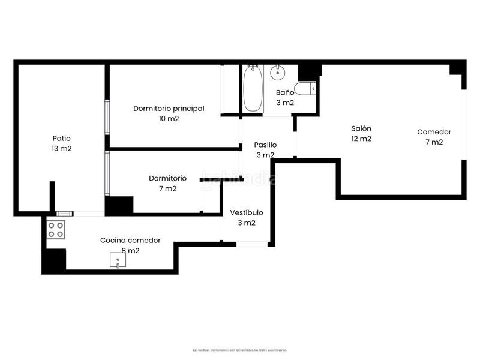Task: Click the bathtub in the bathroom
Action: pos(253,88)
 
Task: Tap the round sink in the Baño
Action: pos(277,74)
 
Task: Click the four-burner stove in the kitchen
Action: pos(56,229)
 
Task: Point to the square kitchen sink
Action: pos(119,260)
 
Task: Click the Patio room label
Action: pos(61,137)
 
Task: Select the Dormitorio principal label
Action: pos(169,109)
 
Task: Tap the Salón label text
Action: pos(361,128)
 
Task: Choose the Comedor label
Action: pos(434,132)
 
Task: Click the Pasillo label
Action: pos(265,145)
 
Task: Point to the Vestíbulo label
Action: pos(247,212)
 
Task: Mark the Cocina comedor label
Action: pos(130,240)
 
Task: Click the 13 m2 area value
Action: pos(61,148)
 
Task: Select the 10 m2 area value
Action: pos(169,119)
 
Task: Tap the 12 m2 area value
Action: pos(361,139)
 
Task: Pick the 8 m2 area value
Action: pos(130,250)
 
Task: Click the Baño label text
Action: pos(285,92)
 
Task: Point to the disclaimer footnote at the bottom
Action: pos(240,350)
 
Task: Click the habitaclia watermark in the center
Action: pos(239,178)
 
